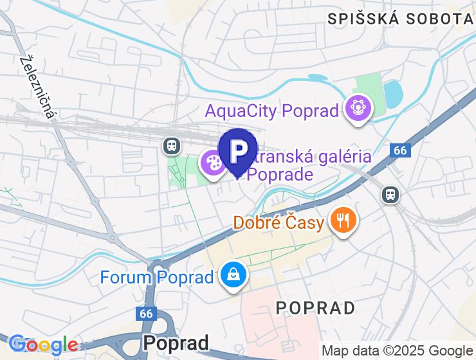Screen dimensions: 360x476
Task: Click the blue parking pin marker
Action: point(238,152)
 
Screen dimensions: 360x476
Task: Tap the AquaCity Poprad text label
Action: point(271,111)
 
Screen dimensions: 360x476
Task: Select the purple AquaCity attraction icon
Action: point(358,109)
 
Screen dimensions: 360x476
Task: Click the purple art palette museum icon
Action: point(212,164)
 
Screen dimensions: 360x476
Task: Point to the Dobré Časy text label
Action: point(278,222)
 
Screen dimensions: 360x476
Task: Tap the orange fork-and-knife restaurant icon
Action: point(343,221)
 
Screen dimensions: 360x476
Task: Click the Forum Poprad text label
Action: point(156,277)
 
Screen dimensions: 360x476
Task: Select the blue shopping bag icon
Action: point(232,275)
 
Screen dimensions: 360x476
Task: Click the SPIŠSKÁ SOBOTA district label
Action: point(400,19)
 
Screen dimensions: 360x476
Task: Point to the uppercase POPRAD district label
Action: point(315,308)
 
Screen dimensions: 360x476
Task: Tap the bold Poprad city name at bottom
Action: point(176,342)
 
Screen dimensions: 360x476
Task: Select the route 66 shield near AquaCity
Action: point(400,150)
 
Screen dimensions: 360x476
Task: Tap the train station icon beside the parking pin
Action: point(171,146)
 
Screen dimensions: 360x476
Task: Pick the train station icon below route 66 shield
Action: point(389,194)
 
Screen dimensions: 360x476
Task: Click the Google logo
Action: point(43,345)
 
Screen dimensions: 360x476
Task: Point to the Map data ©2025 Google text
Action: point(396,351)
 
